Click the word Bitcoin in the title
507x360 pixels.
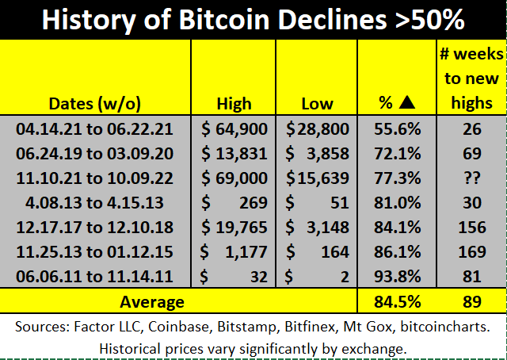coord(223,19)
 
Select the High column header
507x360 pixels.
coord(234,104)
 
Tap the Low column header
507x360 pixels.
coord(317,104)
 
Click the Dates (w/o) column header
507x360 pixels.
coord(95,104)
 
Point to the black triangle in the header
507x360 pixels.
coord(407,102)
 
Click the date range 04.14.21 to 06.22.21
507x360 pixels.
coord(94,129)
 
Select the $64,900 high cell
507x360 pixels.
coord(234,129)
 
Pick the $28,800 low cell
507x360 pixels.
coord(318,129)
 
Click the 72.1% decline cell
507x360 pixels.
coord(398,154)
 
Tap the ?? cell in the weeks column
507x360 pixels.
coord(472,178)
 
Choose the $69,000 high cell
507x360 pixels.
coord(234,178)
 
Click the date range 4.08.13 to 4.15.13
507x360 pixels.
coord(94,203)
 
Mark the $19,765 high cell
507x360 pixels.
coord(234,228)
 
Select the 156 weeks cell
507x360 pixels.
coord(472,228)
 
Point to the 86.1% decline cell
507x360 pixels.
coord(398,252)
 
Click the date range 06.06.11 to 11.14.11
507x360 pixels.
coord(94,277)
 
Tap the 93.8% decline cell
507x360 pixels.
coord(398,277)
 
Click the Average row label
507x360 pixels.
coord(152,302)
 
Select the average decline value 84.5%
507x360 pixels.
coord(398,302)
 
